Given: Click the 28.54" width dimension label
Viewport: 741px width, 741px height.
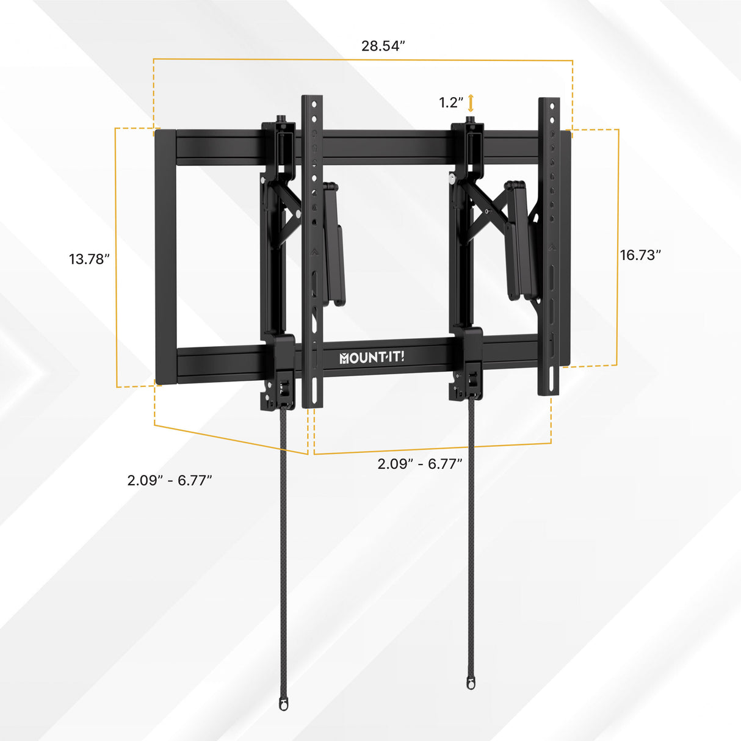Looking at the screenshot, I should pyautogui.click(x=383, y=46).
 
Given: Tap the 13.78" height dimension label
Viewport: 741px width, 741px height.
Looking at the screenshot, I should pyautogui.click(x=89, y=259).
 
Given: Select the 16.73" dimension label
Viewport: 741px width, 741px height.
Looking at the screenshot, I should pyautogui.click(x=640, y=255).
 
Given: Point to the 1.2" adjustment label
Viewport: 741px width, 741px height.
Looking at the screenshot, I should pyautogui.click(x=451, y=103).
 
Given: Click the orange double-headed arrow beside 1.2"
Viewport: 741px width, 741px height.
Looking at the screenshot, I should pyautogui.click(x=471, y=103).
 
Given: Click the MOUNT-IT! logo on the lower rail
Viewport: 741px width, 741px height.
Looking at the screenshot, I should pyautogui.click(x=372, y=357).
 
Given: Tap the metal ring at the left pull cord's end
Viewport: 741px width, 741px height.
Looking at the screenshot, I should pyautogui.click(x=283, y=704).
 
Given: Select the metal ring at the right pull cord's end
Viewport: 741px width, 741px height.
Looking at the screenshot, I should pyautogui.click(x=471, y=682).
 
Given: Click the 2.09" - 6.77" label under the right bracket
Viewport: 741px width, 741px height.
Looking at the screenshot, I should pyautogui.click(x=420, y=464).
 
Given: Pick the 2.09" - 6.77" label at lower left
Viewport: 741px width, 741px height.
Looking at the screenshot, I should pyautogui.click(x=170, y=480).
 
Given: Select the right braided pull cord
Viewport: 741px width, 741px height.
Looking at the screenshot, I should pyautogui.click(x=471, y=537).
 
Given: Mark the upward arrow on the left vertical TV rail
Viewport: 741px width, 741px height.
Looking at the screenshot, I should pyautogui.click(x=312, y=251).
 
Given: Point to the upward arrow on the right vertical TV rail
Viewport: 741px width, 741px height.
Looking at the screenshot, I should pyautogui.click(x=551, y=248).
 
